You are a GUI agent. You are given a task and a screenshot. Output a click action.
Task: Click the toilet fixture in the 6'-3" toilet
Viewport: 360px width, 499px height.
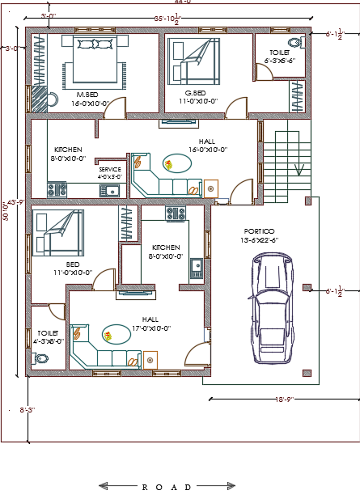294,42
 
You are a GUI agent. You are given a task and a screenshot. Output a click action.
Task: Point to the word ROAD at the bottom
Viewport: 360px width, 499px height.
167,487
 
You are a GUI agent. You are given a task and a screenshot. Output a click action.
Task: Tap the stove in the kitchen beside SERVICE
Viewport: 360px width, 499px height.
57,190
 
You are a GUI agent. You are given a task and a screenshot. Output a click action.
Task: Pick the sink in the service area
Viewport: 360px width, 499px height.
110,191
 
